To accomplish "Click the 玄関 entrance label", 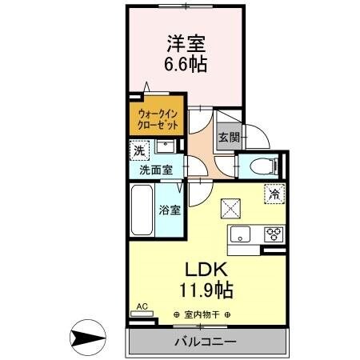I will coord(228,137).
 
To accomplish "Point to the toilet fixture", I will coord(262,166).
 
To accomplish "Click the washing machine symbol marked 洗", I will coord(140,149).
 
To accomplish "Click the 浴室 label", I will coord(169,210).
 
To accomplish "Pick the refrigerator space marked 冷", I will coord(274,193).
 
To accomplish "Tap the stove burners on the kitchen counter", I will coord(274,234).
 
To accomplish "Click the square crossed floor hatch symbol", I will coord(231,207).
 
